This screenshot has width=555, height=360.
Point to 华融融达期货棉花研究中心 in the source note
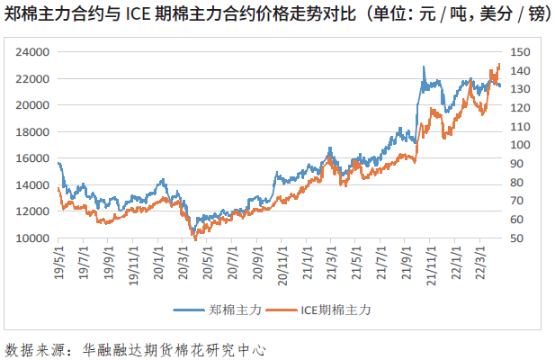[x=174, y=346]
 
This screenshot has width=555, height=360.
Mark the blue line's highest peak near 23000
[x=424, y=67]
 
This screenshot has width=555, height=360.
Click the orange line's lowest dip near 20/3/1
[x=194, y=238]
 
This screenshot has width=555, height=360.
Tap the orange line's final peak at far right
[x=499, y=64]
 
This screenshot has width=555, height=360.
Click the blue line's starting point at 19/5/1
[x=58, y=163]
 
